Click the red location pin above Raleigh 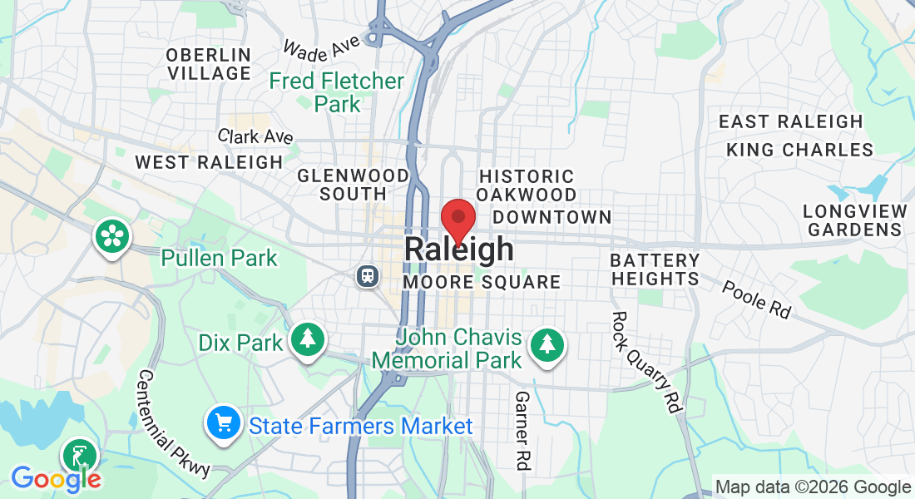457,219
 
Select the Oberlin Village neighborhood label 209,64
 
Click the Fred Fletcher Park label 337,92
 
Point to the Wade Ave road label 321,47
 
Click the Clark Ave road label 255,136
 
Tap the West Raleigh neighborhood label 209,162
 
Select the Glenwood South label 354,185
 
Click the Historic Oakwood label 527,185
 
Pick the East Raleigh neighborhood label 791,121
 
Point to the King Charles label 799,150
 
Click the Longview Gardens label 854,220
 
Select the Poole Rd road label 755,299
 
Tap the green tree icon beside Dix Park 308,338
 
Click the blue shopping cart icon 222,424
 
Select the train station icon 366,275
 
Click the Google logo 56,478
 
